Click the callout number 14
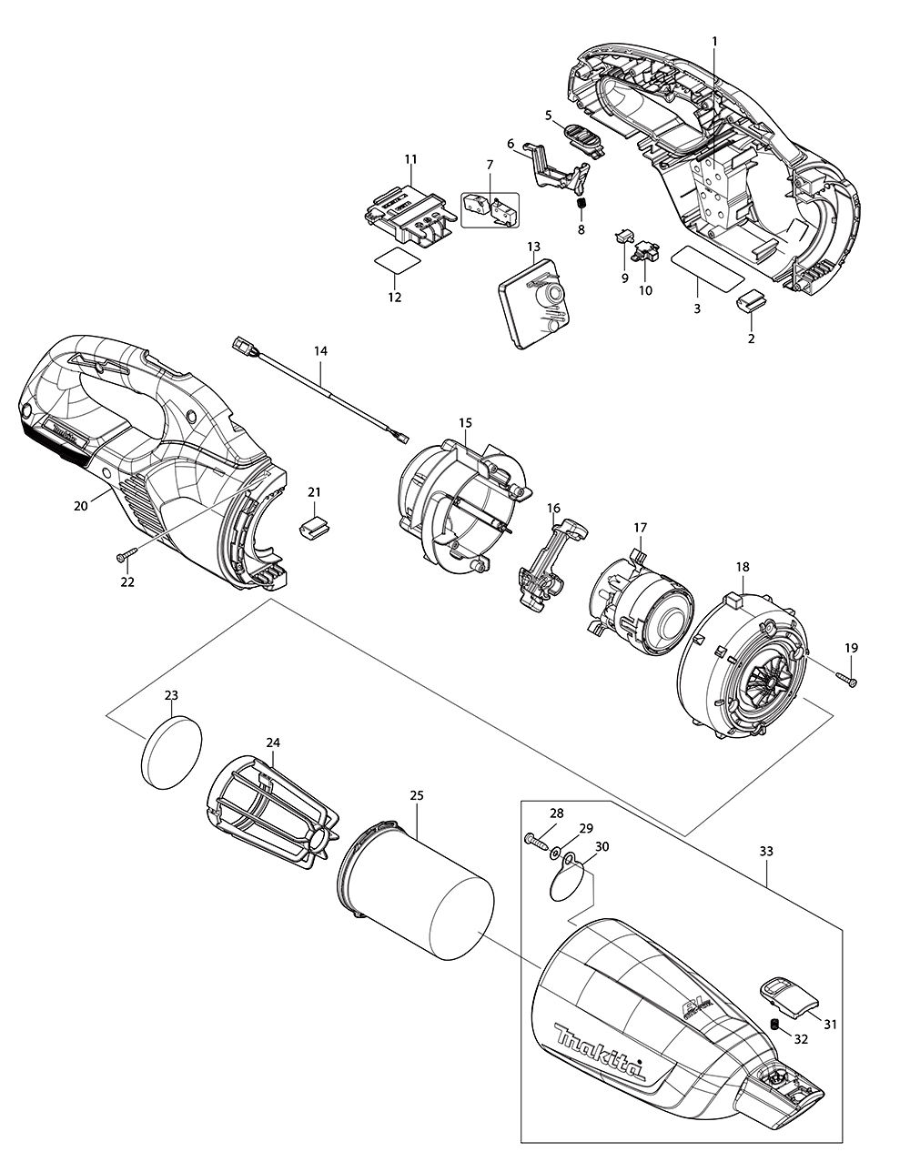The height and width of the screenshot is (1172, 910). click(x=320, y=350)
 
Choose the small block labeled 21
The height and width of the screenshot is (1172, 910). click(x=314, y=525)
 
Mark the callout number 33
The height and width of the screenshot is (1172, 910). click(x=766, y=852)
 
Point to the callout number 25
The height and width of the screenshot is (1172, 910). click(x=417, y=794)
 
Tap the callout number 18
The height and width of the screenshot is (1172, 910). click(x=743, y=566)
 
